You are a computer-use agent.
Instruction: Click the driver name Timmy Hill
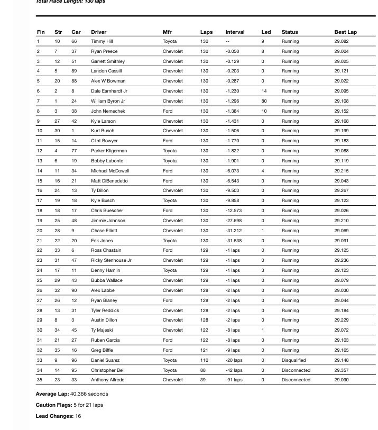(101, 41)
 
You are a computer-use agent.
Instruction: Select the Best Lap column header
(345, 32)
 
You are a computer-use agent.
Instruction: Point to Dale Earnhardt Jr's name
(109, 91)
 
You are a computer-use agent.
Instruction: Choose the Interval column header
(235, 32)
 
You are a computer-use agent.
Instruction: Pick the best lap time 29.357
(341, 370)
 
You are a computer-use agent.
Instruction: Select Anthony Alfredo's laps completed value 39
(204, 380)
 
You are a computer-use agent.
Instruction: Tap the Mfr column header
(167, 32)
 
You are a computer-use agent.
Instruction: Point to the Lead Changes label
(53, 416)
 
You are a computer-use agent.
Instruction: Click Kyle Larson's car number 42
(74, 121)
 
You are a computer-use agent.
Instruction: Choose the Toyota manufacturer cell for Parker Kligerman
(170, 151)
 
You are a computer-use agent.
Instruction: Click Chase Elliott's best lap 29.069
(341, 231)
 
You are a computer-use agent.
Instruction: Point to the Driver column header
(98, 32)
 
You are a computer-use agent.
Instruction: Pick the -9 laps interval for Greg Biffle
(232, 350)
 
